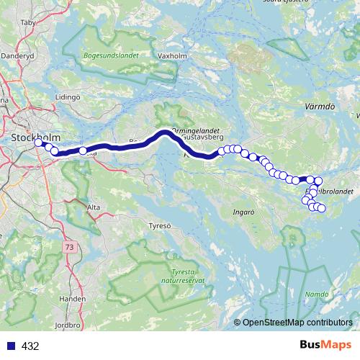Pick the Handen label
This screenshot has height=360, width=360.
[x=76, y=297]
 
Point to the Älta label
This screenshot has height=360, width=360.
[x=94, y=207]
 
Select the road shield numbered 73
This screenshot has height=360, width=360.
[x=68, y=246]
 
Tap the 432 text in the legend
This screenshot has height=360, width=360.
[x=30, y=346]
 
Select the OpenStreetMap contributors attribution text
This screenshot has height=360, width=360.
[x=297, y=323]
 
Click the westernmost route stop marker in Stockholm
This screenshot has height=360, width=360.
[x=39, y=143]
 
